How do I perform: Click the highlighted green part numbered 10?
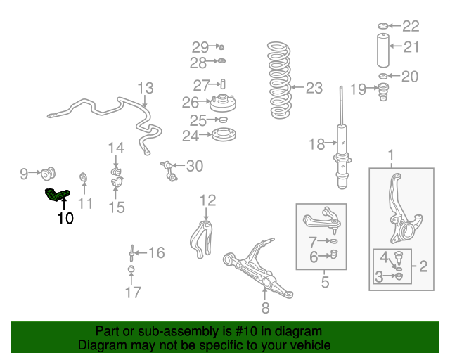pyautogui.click(x=58, y=195)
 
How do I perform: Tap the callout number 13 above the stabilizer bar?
pyautogui.click(x=146, y=88)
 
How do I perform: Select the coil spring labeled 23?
pyautogui.click(x=279, y=80)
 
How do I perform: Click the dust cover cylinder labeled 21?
pyautogui.click(x=382, y=51)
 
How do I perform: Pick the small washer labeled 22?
pyautogui.click(x=382, y=26)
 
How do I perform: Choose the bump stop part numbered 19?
pyautogui.click(x=383, y=92)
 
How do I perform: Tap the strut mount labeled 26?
pyautogui.click(x=223, y=103)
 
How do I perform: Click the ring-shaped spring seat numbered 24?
pyautogui.click(x=224, y=134)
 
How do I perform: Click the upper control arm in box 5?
pyautogui.click(x=322, y=219)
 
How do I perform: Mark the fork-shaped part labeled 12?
pyautogui.click(x=201, y=239)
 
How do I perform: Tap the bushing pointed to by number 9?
pyautogui.click(x=48, y=174)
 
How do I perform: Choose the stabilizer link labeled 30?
pyautogui.click(x=169, y=171)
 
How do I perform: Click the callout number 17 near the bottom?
pyautogui.click(x=133, y=292)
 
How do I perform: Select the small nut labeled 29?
pyautogui.click(x=221, y=47)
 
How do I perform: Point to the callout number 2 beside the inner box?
pyautogui.click(x=423, y=266)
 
